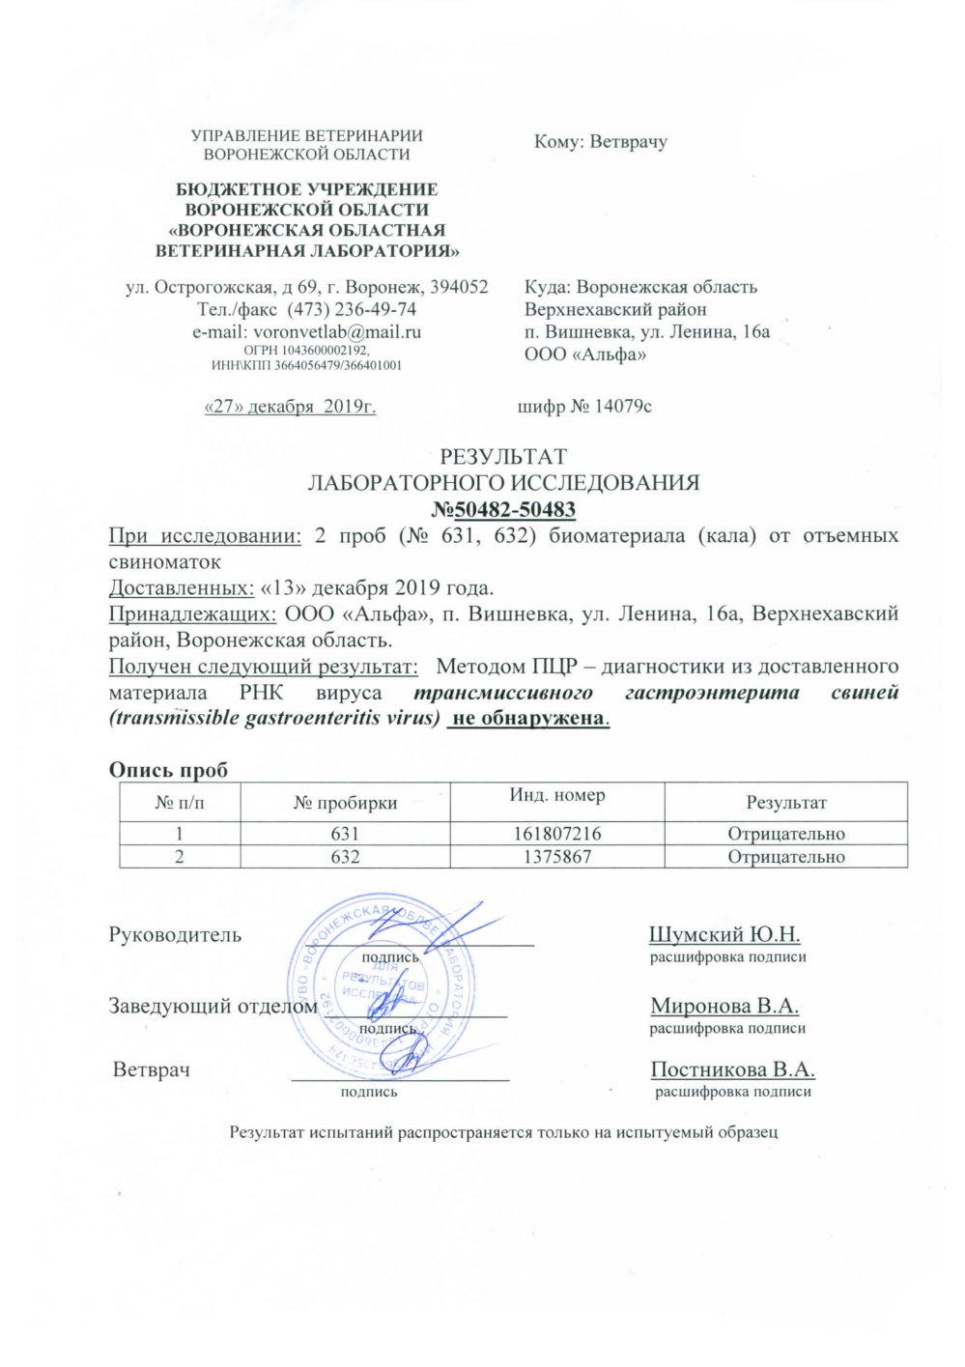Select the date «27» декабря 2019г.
coord(290,406)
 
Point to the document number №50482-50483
coord(502,509)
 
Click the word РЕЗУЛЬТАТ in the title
coord(503,456)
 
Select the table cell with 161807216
coord(557,834)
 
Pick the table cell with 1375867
coord(557,856)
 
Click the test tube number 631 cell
coord(345,834)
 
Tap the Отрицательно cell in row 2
coord(785,856)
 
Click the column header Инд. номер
coord(557,795)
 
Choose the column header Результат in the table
coord(785,802)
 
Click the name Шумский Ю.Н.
coord(724,934)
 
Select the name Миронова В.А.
coord(724,1006)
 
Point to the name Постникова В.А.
coord(732,1069)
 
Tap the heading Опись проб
coord(168,770)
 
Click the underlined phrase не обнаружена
coord(529,719)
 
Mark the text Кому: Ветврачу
coord(601,142)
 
